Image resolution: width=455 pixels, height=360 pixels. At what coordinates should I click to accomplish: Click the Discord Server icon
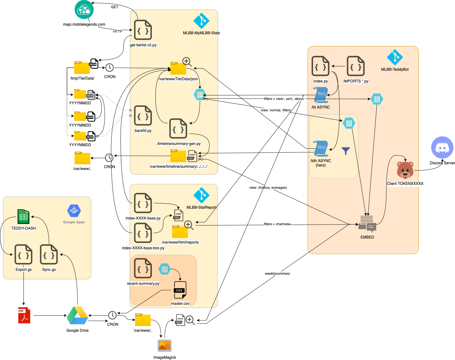point(442,147)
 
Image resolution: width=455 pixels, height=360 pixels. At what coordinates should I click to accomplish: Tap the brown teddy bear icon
point(405,170)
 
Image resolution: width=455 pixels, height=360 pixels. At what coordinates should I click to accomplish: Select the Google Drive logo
point(77,315)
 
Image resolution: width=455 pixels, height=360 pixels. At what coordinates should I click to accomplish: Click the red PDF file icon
point(24,315)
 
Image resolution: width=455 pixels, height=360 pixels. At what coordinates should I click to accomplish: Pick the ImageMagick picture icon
point(165,345)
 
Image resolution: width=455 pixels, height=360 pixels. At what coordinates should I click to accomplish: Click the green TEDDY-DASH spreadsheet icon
point(23,217)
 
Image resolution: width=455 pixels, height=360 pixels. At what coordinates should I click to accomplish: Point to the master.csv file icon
point(180,290)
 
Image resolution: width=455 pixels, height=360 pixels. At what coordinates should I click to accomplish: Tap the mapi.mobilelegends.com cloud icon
point(84,10)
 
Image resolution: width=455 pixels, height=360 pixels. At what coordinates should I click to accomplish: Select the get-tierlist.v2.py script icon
point(143,30)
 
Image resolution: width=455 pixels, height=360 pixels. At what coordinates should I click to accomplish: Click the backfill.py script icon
point(143,116)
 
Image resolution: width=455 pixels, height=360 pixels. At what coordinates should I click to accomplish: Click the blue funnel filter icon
point(346,151)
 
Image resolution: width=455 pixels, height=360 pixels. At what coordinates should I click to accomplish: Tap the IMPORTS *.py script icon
point(356,66)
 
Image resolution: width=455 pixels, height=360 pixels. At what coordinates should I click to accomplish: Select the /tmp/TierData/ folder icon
point(82,68)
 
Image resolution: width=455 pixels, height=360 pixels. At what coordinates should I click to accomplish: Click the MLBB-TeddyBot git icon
point(395,57)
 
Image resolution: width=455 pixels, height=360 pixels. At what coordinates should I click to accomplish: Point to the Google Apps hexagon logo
point(74,211)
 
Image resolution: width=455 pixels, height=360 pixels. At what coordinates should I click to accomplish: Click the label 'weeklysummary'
point(277,273)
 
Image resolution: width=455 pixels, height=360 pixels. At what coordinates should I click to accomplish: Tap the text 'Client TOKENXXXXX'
point(405,184)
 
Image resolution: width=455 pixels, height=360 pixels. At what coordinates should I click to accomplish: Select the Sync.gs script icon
point(49,254)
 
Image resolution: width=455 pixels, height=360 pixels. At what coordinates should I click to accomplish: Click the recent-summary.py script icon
point(143,268)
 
